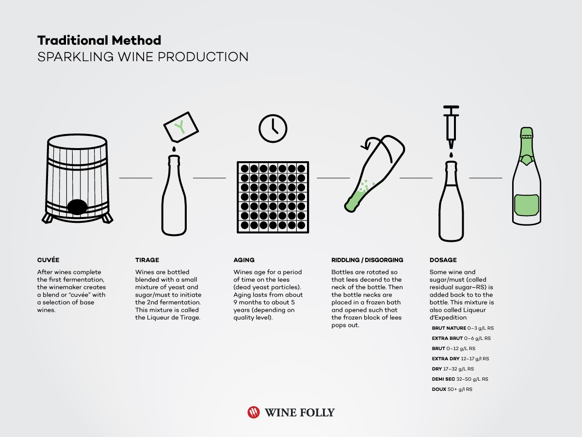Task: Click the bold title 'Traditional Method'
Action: [x=99, y=40]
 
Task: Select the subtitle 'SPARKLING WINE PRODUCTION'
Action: [x=143, y=57]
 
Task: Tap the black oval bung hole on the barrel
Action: [x=77, y=207]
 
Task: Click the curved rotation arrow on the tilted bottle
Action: [x=372, y=144]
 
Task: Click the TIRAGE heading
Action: [x=147, y=260]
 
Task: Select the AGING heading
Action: [x=244, y=260]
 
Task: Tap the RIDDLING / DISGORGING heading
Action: [x=367, y=260]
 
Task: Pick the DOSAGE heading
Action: [x=443, y=260]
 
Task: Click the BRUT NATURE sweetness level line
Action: [x=463, y=328]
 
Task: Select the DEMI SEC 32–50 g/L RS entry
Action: [x=460, y=379]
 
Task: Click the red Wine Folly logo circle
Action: [x=254, y=412]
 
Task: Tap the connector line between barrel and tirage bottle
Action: [x=136, y=178]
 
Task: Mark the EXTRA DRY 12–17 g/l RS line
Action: [x=460, y=359]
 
